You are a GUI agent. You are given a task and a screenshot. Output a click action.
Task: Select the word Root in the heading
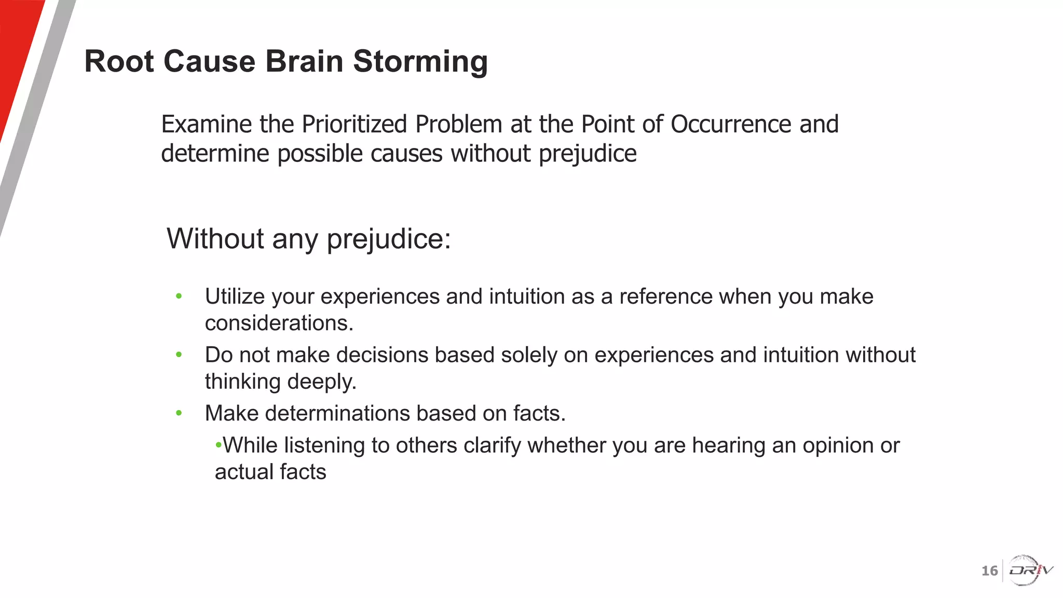(x=119, y=61)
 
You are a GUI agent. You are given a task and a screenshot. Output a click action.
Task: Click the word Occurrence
(x=731, y=124)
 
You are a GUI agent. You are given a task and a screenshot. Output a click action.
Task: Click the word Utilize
(x=235, y=296)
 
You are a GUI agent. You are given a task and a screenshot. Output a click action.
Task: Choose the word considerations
(x=279, y=323)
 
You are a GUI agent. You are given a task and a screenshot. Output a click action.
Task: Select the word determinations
(x=336, y=414)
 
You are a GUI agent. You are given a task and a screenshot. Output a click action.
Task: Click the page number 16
(x=989, y=571)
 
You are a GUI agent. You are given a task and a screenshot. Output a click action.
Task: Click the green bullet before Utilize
(x=179, y=296)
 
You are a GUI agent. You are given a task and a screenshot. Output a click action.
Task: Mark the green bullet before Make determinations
(x=179, y=413)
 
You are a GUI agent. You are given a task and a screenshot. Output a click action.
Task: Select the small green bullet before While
(x=219, y=445)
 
